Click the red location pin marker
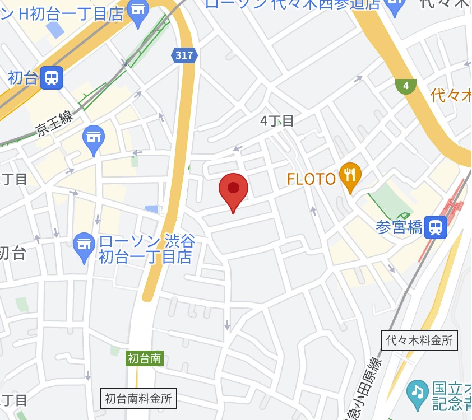pyautogui.click(x=233, y=190)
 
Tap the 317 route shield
pyautogui.click(x=184, y=55)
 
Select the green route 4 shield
pyautogui.click(x=405, y=86)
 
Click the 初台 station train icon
pyautogui.click(x=51, y=77)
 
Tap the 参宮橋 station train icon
pyautogui.click(x=435, y=227)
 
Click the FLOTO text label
pyautogui.click(x=311, y=179)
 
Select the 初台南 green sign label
pyautogui.click(x=145, y=358)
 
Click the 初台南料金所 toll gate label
pyautogui.click(x=139, y=399)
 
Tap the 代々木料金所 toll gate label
pyautogui.click(x=419, y=340)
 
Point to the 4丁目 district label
pyautogui.click(x=277, y=120)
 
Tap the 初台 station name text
pyautogui.click(x=22, y=78)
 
